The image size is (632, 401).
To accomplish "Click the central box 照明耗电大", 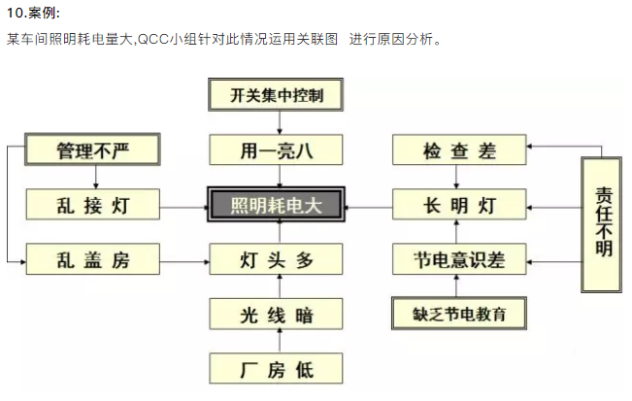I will tap(278, 206).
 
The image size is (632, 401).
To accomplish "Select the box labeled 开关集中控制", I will tap(278, 95).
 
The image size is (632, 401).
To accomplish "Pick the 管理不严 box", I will tap(91, 150).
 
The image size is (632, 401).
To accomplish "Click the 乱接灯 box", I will tap(91, 205).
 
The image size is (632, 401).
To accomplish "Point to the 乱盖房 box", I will tap(91, 259).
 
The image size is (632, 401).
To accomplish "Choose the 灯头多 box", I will tap(278, 259).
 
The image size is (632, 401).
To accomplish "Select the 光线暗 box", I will tap(278, 315).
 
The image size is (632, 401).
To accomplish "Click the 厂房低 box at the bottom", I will tap(278, 369).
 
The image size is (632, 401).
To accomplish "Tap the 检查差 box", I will tap(459, 150).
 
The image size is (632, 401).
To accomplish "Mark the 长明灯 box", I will tap(459, 205).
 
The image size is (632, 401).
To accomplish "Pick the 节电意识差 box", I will tap(459, 259).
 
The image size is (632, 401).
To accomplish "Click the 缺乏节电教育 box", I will tap(459, 315).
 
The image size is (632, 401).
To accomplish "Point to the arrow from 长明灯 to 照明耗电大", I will tap(370, 206).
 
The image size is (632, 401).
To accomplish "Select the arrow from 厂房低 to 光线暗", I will tap(279, 342).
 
